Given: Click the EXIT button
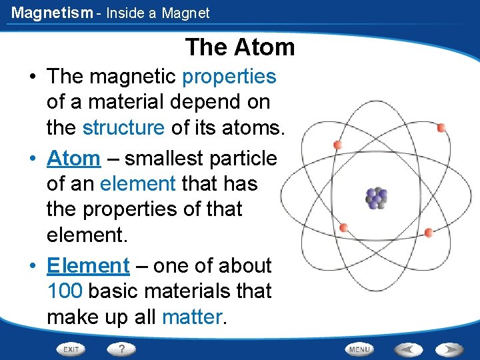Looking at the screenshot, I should pos(71,349).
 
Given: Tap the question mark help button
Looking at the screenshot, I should pos(122,349).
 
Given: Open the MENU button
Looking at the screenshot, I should pos(359,349).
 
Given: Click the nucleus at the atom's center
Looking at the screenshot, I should pos(376,197).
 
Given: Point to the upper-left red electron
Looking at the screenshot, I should pos(337,145).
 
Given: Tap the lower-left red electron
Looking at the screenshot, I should pos(343,228).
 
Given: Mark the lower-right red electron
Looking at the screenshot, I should pos(429,233).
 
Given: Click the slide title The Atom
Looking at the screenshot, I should pos(240,47).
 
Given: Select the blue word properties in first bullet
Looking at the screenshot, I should pos(229,77).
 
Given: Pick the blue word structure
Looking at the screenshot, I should pos(123,127).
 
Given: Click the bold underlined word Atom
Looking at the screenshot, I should pos(73,159).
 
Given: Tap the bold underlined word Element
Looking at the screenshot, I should pos(88,265).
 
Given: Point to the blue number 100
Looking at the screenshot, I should pos(65,291).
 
